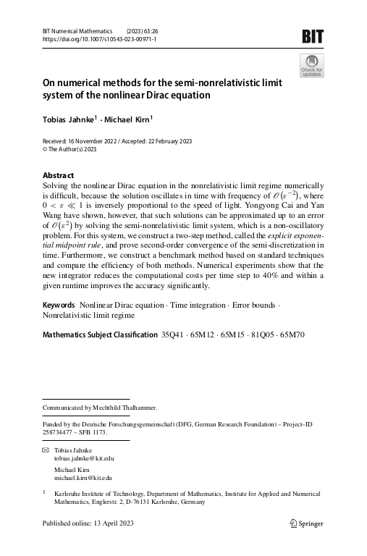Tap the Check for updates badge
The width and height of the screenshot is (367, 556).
coord(312,65)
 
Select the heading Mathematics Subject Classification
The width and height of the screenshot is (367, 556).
coord(100,335)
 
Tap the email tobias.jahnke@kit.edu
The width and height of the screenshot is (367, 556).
coord(84,458)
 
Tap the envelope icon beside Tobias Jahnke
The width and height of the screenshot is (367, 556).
coord(46,450)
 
